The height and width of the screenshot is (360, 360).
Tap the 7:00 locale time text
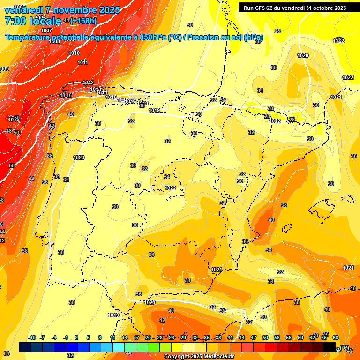(32, 21)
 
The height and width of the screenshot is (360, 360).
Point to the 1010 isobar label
(74, 53)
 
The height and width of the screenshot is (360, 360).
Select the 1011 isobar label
(83, 62)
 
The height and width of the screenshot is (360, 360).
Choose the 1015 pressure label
(111, 97)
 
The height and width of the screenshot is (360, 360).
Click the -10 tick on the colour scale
(32, 337)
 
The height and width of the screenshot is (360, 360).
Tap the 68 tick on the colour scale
(336, 337)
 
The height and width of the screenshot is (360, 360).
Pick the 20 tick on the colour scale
(148, 337)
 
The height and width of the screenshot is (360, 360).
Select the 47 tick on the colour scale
(254, 337)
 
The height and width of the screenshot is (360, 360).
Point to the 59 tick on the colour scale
(300, 337)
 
